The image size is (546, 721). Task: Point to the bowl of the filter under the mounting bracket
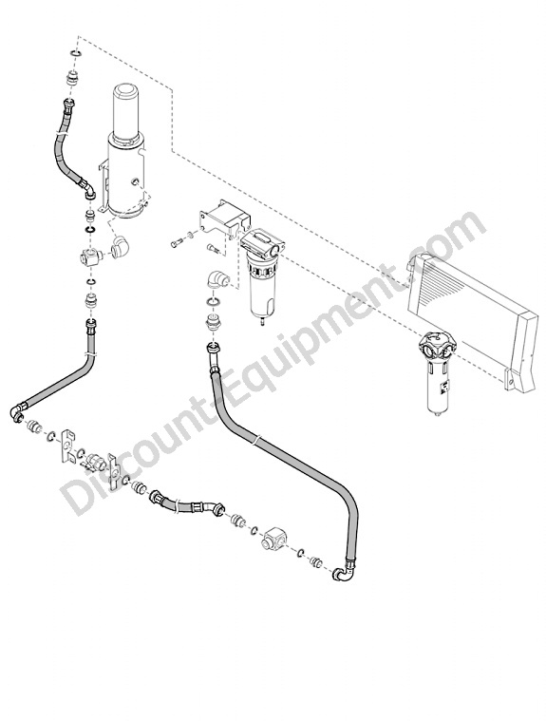[259, 289]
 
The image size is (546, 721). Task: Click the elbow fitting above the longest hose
[215, 279]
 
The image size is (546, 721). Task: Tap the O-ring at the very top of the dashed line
[77, 55]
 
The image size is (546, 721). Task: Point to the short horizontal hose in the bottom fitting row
[186, 504]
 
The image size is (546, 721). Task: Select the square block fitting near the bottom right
[273, 538]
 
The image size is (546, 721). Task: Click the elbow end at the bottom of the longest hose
[344, 573]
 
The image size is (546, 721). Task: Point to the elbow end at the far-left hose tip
[17, 410]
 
